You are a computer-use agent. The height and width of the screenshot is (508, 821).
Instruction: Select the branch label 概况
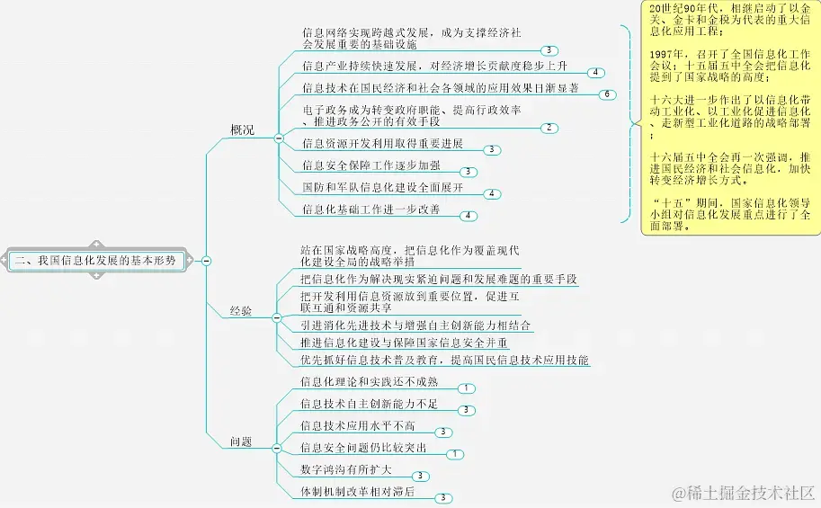[241, 130]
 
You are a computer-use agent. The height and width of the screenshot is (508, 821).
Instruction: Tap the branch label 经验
[241, 311]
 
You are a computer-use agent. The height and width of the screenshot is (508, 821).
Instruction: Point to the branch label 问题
[241, 441]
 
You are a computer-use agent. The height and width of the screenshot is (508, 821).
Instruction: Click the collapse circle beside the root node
[207, 260]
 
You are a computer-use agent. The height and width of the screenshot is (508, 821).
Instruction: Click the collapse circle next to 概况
[278, 138]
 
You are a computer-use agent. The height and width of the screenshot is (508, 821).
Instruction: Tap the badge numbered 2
[548, 128]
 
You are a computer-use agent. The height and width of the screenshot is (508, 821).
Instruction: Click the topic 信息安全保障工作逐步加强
[371, 165]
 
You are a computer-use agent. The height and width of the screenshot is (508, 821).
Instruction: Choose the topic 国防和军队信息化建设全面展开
[383, 188]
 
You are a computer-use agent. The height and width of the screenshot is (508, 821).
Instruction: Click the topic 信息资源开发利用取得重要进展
[383, 144]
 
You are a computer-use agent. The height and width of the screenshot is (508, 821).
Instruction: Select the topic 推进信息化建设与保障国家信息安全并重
[405, 343]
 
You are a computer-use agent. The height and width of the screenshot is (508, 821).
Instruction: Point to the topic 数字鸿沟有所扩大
[346, 469]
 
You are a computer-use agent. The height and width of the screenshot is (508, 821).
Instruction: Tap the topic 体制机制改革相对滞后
[358, 492]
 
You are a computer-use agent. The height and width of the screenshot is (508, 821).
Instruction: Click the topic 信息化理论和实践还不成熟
[370, 382]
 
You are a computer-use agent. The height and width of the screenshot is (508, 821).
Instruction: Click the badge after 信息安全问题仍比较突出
[455, 454]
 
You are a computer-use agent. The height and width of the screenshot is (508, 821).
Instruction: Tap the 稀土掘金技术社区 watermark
[741, 492]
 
